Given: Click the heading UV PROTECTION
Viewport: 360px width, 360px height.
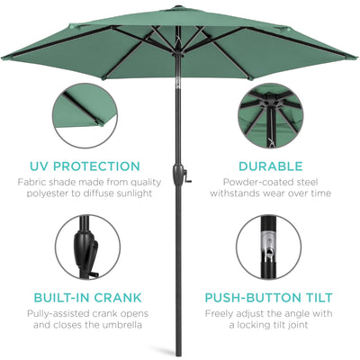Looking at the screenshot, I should (85, 166).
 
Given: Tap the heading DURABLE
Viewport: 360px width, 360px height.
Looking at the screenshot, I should (274, 166).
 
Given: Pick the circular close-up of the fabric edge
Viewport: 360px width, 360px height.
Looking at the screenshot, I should (85, 114).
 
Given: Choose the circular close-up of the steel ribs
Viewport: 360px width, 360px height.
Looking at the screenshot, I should (274, 114).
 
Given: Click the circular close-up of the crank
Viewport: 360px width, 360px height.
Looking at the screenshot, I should (85, 246).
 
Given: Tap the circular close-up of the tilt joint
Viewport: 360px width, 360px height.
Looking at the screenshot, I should (274, 246).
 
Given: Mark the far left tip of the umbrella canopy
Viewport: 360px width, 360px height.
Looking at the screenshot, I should (4, 58).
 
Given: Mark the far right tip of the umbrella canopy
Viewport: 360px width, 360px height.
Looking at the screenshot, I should (355, 56).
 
